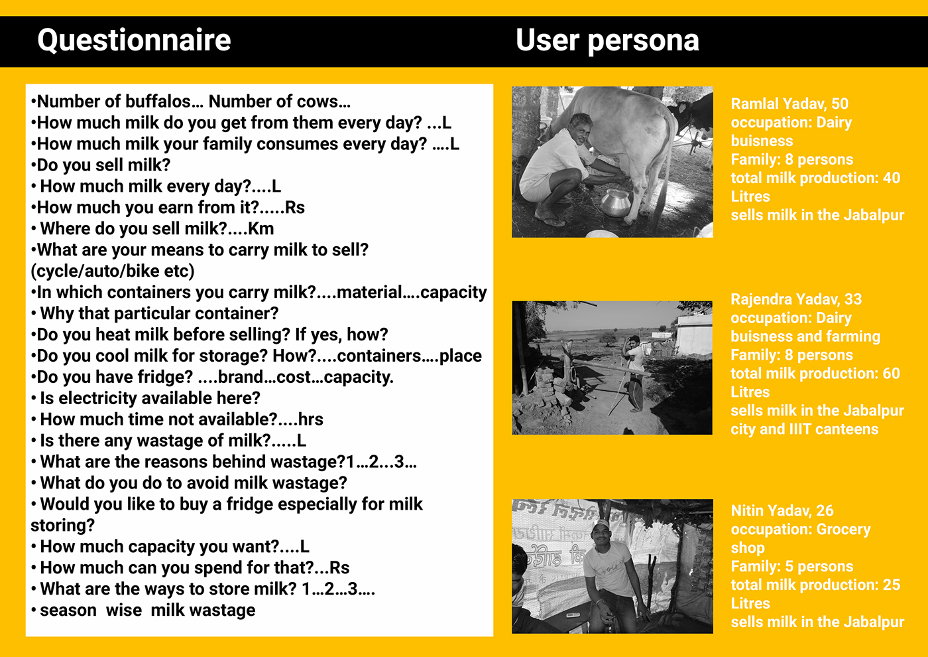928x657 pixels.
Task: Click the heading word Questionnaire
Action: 134,40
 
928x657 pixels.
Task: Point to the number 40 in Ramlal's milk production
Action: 892,178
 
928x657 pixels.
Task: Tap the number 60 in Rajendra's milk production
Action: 892,374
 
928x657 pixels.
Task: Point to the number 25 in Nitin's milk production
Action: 892,585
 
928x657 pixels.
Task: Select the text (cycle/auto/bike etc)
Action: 113,271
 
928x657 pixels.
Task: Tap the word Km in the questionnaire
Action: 261,229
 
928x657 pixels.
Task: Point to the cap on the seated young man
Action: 601,525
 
